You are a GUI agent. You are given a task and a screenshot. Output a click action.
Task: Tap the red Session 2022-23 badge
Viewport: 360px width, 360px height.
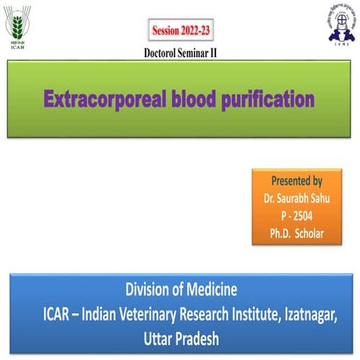click(x=182, y=31)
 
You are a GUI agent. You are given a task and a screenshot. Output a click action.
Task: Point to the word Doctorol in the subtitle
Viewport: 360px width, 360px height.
click(x=162, y=53)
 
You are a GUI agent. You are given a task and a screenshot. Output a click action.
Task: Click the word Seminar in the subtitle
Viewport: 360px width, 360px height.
click(x=201, y=53)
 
